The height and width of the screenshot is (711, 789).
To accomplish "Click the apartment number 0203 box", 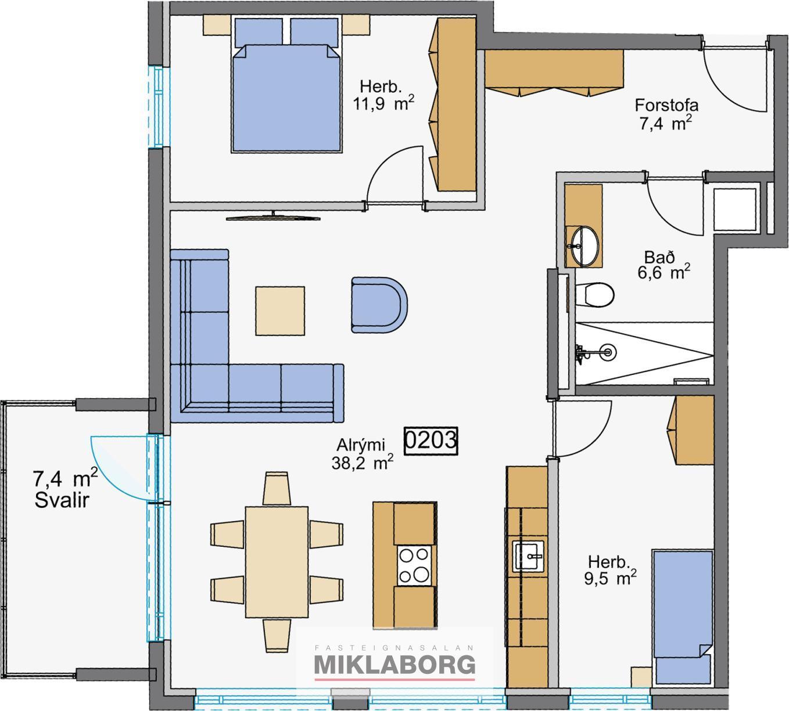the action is click(431, 441).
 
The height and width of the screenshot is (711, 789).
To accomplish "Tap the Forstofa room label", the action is click(666, 105).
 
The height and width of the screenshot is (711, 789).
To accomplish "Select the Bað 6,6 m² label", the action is click(664, 265).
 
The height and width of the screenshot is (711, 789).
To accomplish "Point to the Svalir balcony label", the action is click(62, 500).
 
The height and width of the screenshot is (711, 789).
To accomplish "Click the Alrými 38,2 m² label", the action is click(362, 454).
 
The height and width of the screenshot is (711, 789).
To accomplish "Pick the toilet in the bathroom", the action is click(594, 294).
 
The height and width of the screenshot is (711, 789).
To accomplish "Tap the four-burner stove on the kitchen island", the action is click(414, 565).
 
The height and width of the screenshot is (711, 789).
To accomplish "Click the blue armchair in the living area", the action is click(379, 305).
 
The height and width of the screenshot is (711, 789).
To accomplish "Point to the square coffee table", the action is click(280, 311).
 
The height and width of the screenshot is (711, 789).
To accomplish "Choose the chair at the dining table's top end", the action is click(277, 489).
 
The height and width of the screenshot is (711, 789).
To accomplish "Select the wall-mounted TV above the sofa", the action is click(273, 217).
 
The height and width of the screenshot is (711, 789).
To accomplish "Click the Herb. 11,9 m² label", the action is click(383, 96).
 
